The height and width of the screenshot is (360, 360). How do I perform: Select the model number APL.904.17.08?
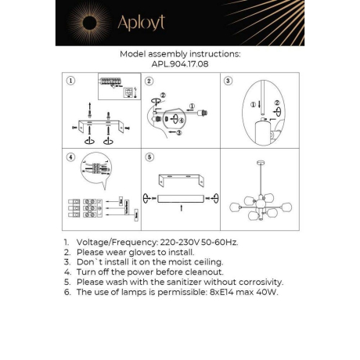(x=179, y=66)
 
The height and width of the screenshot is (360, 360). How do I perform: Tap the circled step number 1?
(x=70, y=81)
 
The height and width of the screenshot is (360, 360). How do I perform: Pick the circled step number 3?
(x=228, y=81)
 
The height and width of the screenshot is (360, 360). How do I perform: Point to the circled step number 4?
(x=70, y=156)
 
